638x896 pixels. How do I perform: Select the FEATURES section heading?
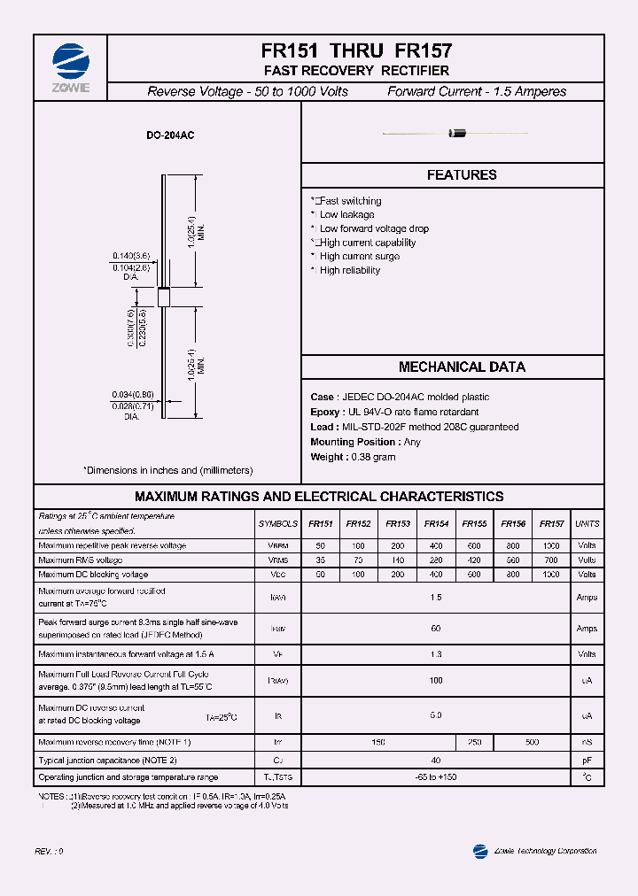462,175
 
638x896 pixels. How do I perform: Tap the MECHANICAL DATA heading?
462,367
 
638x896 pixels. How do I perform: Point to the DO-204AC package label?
170,135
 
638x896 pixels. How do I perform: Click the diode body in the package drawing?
163,297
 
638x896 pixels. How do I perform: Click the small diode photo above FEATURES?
457,134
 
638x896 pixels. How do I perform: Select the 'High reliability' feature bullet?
349,270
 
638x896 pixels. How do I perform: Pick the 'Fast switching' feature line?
349,201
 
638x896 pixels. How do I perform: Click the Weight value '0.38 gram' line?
353,457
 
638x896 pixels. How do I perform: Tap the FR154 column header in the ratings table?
436,524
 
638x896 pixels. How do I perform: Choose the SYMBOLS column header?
277,524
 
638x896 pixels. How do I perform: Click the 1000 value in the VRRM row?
551,546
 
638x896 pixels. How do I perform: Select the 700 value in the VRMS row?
551,560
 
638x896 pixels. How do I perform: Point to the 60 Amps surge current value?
435,629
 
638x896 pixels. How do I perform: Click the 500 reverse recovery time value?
532,742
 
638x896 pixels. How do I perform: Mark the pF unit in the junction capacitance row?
587,761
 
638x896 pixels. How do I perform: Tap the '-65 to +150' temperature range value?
435,777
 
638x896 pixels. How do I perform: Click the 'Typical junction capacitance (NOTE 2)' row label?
108,761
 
